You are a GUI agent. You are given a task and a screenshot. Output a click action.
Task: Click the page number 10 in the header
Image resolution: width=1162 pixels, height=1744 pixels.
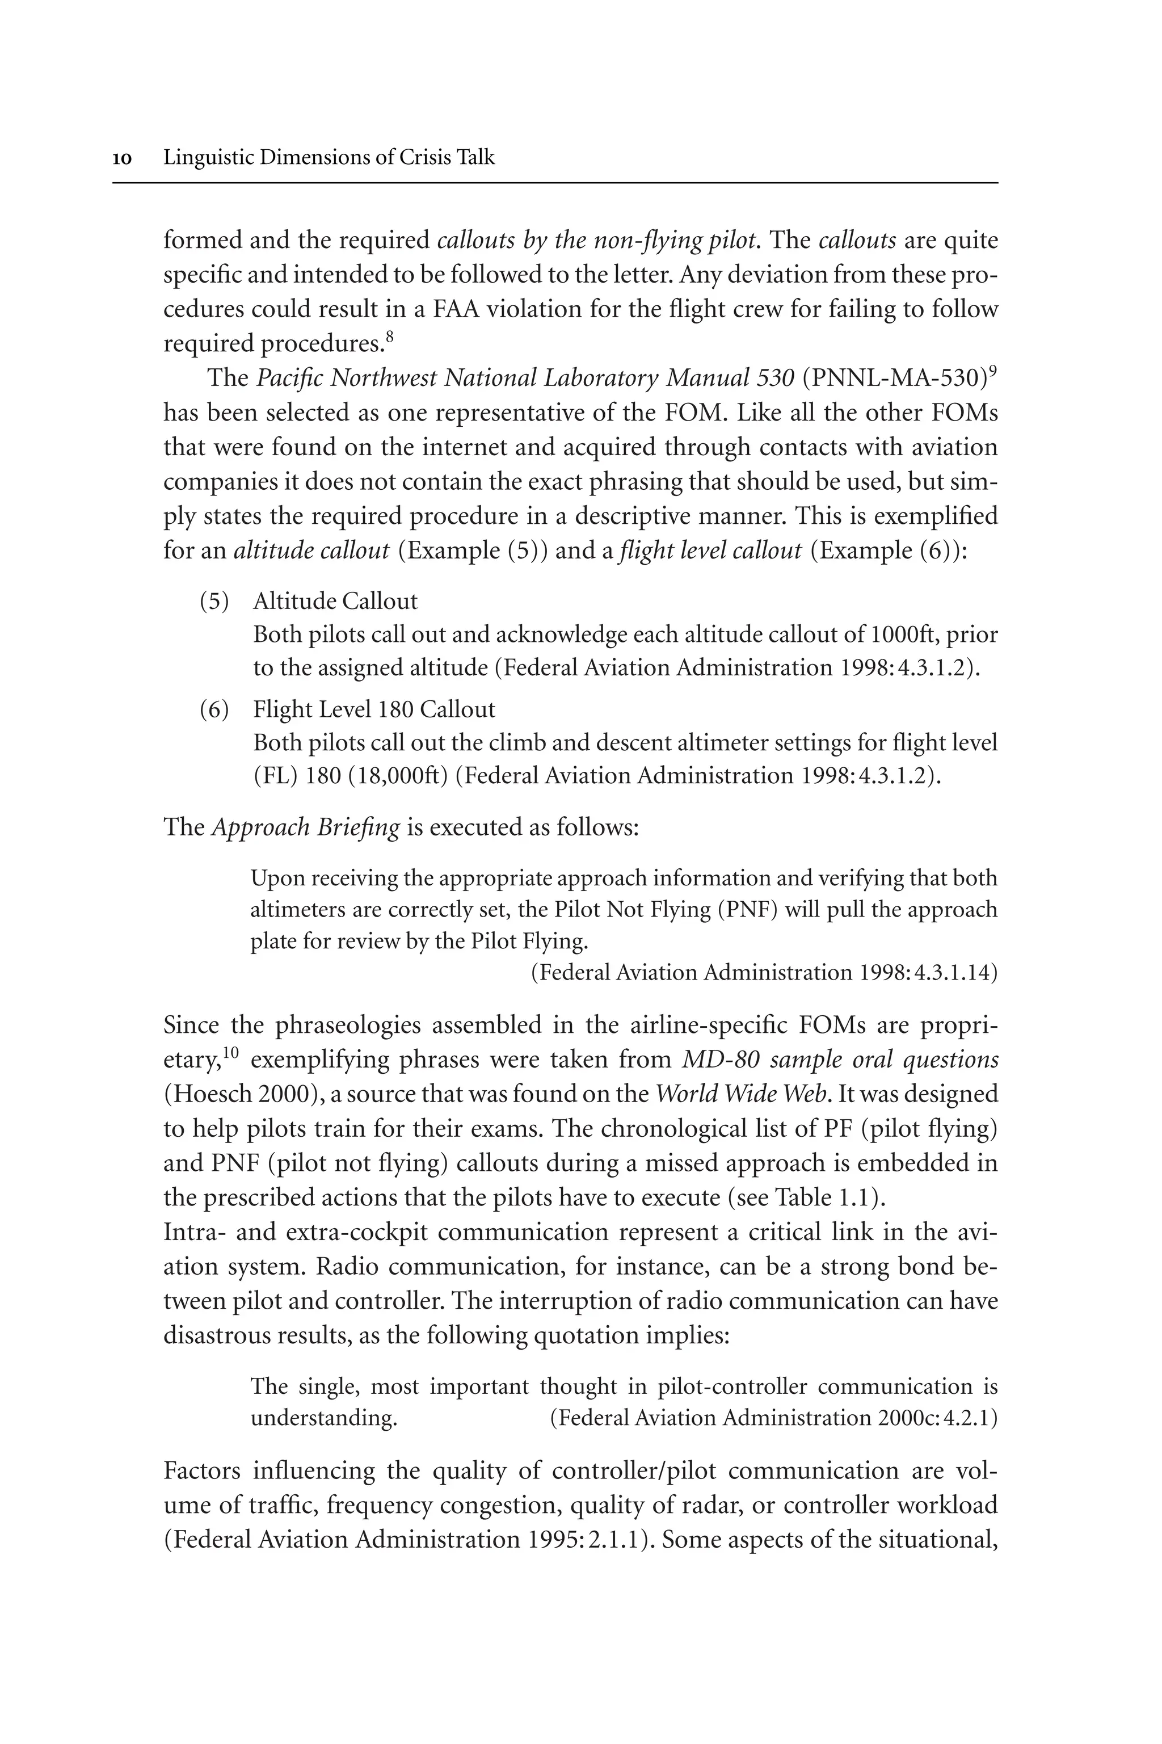click(x=123, y=158)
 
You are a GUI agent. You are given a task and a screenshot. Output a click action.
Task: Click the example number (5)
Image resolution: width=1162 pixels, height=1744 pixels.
click(x=214, y=601)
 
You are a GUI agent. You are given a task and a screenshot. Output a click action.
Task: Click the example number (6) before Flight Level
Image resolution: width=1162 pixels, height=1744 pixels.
click(x=214, y=709)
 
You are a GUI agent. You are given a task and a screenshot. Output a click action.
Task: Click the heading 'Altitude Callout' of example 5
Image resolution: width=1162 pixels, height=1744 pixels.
click(x=335, y=601)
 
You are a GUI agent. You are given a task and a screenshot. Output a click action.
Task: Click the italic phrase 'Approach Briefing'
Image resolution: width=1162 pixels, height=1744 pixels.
click(x=305, y=827)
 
